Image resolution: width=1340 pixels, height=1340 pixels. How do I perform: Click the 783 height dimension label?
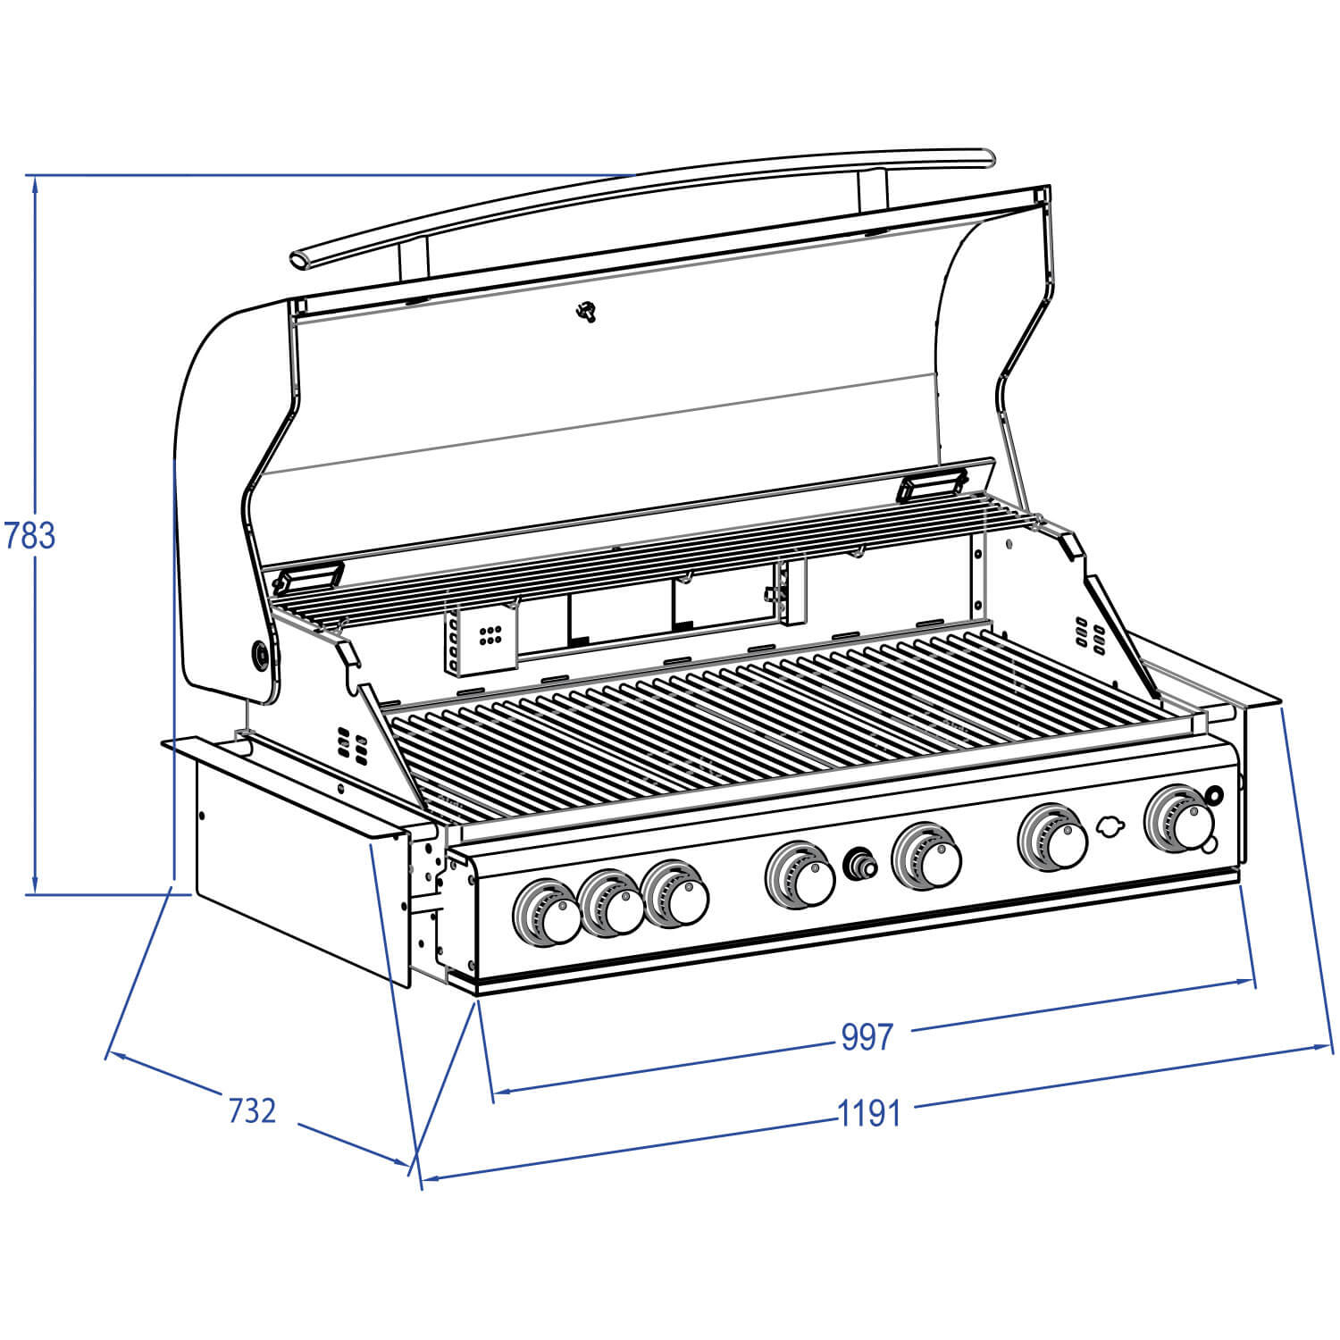point(30,535)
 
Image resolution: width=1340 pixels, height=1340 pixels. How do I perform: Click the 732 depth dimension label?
point(253,1110)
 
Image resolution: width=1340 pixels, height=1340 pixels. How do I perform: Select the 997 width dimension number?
point(867,1036)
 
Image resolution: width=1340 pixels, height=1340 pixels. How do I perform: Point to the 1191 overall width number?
point(869,1113)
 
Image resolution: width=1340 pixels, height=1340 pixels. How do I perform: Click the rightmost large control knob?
point(1181,818)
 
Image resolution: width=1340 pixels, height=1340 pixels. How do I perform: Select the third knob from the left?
point(676,894)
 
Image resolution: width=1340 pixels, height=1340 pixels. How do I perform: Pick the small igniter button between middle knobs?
point(860,864)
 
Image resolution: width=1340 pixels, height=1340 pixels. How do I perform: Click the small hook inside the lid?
point(586,312)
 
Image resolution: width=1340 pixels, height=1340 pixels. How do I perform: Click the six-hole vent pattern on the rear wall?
point(490,635)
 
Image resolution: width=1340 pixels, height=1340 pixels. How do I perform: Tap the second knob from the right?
point(1054,837)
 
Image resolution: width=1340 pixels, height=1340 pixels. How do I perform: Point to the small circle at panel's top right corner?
point(1214,792)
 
